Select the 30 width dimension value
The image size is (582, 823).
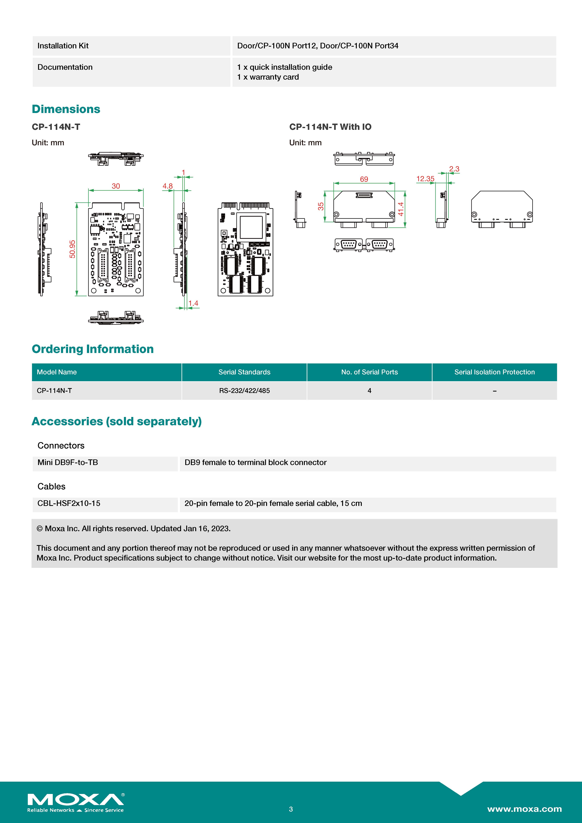(x=116, y=186)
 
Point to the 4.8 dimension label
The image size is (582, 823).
(x=167, y=186)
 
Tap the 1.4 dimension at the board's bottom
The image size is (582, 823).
(x=193, y=303)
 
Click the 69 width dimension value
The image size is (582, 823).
(x=364, y=179)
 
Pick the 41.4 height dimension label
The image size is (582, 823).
(x=401, y=209)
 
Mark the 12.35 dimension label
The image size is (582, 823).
(x=425, y=179)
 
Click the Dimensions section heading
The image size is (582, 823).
(x=66, y=109)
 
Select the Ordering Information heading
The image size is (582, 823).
(x=93, y=349)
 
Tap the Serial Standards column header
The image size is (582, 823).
(x=244, y=372)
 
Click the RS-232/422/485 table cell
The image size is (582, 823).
(x=244, y=391)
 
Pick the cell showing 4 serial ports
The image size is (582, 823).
(x=369, y=391)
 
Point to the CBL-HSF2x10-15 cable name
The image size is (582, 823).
(x=69, y=503)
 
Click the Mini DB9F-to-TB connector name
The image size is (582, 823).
(x=68, y=462)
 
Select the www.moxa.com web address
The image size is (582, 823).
(x=524, y=809)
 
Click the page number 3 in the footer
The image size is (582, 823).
(x=291, y=809)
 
